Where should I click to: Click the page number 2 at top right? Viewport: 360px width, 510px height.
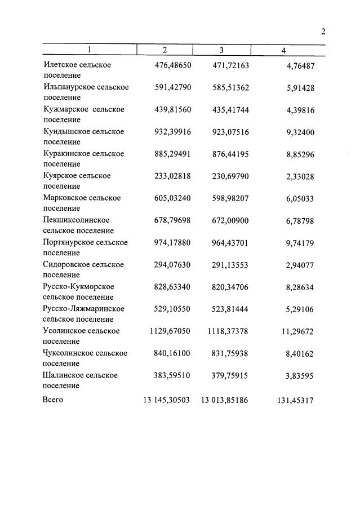(x=323, y=32)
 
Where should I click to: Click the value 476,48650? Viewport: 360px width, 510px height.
(x=173, y=65)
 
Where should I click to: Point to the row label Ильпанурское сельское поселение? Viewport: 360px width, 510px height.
(x=86, y=92)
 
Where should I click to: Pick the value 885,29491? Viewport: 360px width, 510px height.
(x=173, y=154)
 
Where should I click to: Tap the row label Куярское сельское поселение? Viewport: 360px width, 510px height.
(x=77, y=181)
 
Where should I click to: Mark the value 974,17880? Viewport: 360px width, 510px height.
(x=173, y=242)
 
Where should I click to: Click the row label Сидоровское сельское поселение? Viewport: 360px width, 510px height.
(x=83, y=269)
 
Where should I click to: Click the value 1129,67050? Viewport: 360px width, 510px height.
(x=170, y=331)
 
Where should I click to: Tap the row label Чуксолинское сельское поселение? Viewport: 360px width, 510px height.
(x=85, y=358)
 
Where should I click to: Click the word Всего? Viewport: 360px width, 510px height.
(x=53, y=400)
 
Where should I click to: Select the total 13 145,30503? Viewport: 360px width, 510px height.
(x=167, y=400)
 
